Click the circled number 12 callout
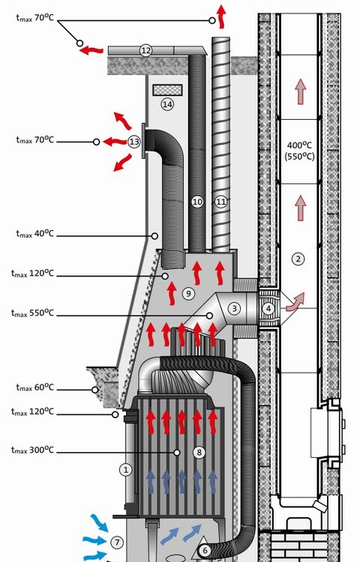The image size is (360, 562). (x=145, y=50)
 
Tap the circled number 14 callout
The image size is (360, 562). (x=167, y=104)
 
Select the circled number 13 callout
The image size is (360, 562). (x=134, y=142)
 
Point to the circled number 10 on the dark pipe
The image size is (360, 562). (x=197, y=202)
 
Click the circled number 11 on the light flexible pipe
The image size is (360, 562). (x=221, y=202)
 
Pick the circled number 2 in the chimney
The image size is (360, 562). (x=298, y=259)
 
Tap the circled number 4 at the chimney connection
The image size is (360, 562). (x=268, y=308)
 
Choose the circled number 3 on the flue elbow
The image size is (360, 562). (x=234, y=308)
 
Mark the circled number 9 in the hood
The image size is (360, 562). (x=188, y=294)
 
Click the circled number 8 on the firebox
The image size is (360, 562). (x=199, y=453)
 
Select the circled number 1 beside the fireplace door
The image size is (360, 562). (x=125, y=470)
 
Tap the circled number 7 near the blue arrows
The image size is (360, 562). (x=117, y=543)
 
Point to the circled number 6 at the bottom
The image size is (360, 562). (x=205, y=550)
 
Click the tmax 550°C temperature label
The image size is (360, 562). (x=32, y=313)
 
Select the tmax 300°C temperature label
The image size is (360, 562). (x=32, y=450)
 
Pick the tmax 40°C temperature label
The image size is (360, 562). (x=34, y=234)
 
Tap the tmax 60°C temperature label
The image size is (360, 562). (x=34, y=388)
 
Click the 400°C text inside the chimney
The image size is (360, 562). (x=299, y=145)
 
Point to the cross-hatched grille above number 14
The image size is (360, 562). (x=167, y=90)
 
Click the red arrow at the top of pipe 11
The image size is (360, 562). (x=221, y=16)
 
